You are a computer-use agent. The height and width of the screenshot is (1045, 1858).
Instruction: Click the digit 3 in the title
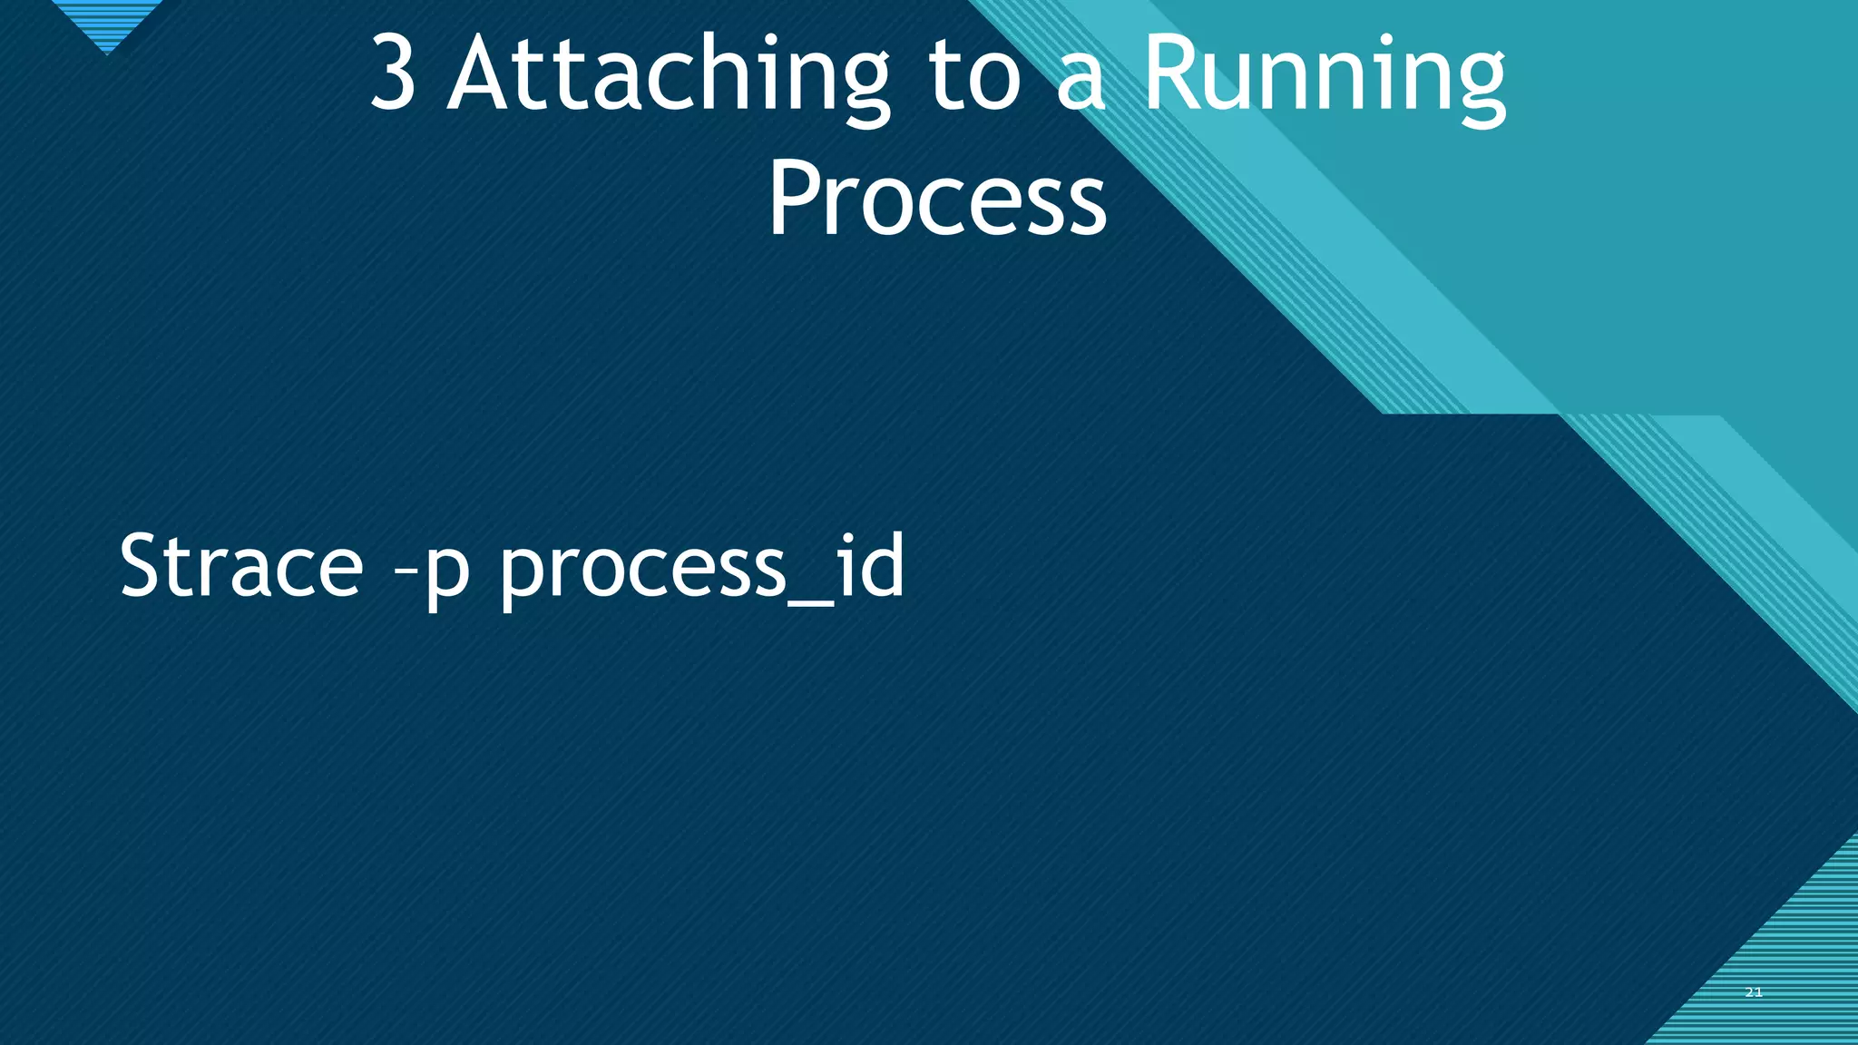click(x=393, y=74)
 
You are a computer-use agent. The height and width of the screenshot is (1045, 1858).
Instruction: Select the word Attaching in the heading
click(x=669, y=76)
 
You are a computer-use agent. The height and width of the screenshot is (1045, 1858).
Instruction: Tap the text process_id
click(x=702, y=568)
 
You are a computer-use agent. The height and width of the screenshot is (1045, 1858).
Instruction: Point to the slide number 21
click(x=1754, y=992)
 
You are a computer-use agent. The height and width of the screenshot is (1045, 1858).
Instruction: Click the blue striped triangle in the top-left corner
click(x=107, y=23)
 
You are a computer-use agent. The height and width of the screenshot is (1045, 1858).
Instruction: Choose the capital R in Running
click(x=1171, y=74)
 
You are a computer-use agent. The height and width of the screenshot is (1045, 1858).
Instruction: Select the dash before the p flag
click(x=406, y=573)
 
